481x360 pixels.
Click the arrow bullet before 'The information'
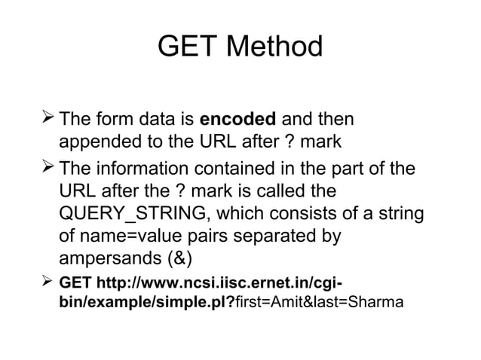click(48, 165)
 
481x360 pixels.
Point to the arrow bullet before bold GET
click(48, 282)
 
